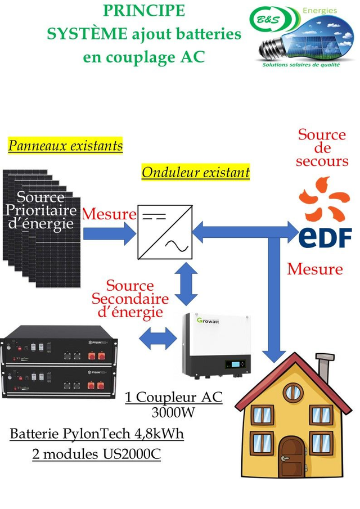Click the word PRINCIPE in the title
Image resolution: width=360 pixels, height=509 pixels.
pyautogui.click(x=144, y=11)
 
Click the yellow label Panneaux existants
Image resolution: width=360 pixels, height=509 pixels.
pyautogui.click(x=65, y=146)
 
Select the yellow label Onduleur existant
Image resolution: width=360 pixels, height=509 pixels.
pyautogui.click(x=195, y=172)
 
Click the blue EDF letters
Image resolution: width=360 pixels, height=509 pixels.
pyautogui.click(x=325, y=237)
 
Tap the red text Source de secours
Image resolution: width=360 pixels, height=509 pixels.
pyautogui.click(x=322, y=148)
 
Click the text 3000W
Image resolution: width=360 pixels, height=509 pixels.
pyautogui.click(x=173, y=413)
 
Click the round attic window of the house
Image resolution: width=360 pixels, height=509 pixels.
pyautogui.click(x=292, y=392)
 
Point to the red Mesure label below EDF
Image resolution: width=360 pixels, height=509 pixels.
pyautogui.click(x=314, y=269)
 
